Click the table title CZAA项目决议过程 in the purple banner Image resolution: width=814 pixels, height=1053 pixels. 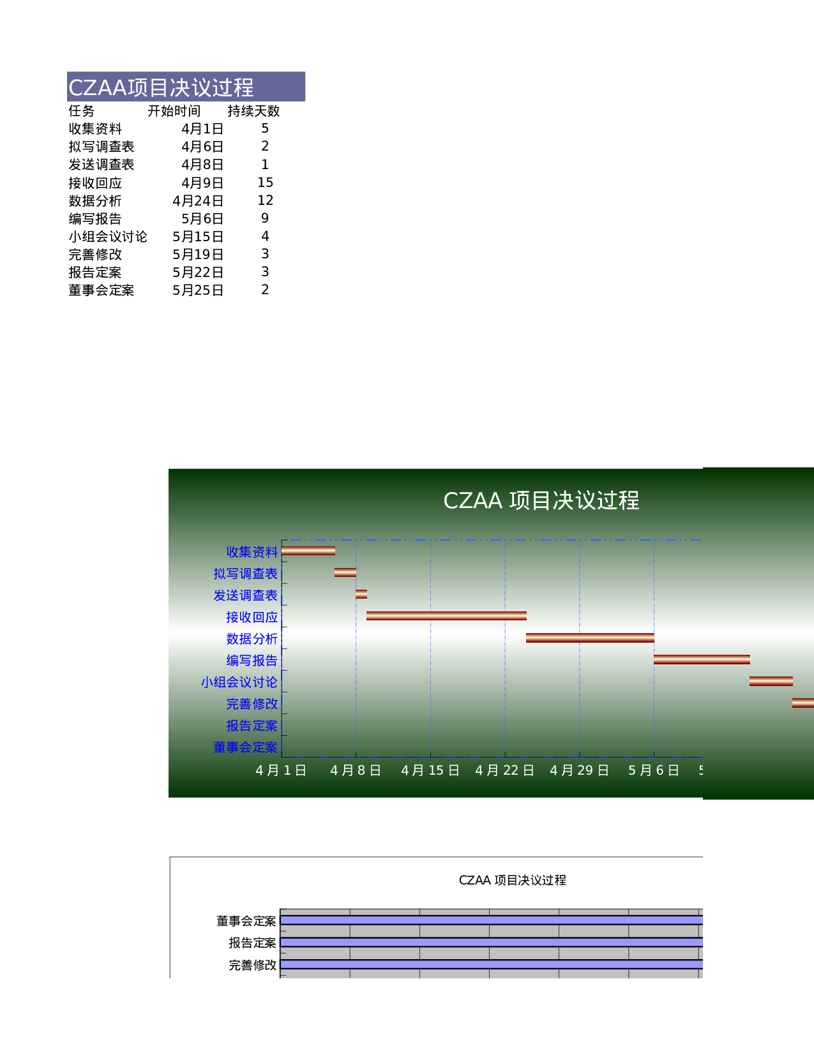pyautogui.click(x=160, y=87)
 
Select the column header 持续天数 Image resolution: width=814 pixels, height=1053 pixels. pyautogui.click(x=253, y=111)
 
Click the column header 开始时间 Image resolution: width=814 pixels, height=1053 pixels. pyautogui.click(x=174, y=111)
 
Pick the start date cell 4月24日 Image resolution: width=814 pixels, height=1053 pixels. pyautogui.click(x=198, y=200)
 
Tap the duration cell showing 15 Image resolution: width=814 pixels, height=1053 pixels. pyautogui.click(x=265, y=183)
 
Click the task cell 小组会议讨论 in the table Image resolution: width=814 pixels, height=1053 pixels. pyautogui.click(x=108, y=237)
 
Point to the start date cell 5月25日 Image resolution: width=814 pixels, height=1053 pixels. pyautogui.click(x=198, y=290)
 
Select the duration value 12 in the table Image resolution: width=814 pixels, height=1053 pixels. pyautogui.click(x=265, y=200)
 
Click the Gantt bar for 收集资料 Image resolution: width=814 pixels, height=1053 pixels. pyautogui.click(x=308, y=551)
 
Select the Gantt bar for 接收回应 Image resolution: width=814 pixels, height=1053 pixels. pyautogui.click(x=446, y=616)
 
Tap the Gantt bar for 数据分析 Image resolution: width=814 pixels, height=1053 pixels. pyautogui.click(x=590, y=638)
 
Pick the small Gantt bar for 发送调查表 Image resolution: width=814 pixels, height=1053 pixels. pyautogui.click(x=361, y=594)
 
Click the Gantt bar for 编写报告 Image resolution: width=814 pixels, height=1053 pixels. pyautogui.click(x=702, y=659)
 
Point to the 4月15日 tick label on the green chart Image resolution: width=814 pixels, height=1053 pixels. pyautogui.click(x=430, y=770)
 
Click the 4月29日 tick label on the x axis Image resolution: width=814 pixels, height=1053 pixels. pyautogui.click(x=579, y=770)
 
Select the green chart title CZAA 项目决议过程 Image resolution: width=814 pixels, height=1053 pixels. pyautogui.click(x=541, y=500)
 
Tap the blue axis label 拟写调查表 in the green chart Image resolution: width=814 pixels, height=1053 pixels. pyautogui.click(x=245, y=574)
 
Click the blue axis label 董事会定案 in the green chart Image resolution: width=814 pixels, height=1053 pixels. pyautogui.click(x=245, y=747)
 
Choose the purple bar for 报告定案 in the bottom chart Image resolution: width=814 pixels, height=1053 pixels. pyautogui.click(x=492, y=943)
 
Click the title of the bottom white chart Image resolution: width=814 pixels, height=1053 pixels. pyautogui.click(x=513, y=881)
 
